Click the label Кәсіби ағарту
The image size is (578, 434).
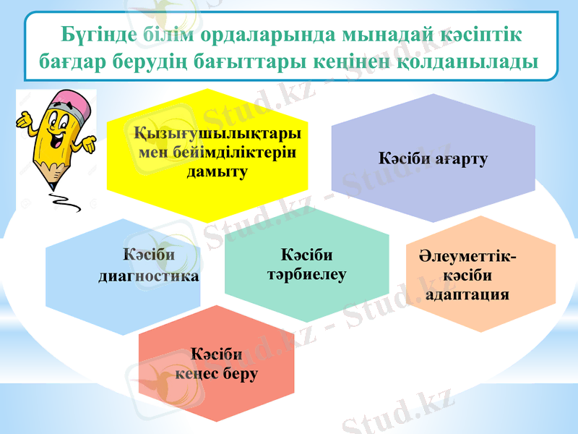(x=433, y=158)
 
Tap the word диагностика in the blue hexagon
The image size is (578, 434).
(x=149, y=276)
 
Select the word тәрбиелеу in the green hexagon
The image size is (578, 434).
(x=307, y=274)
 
